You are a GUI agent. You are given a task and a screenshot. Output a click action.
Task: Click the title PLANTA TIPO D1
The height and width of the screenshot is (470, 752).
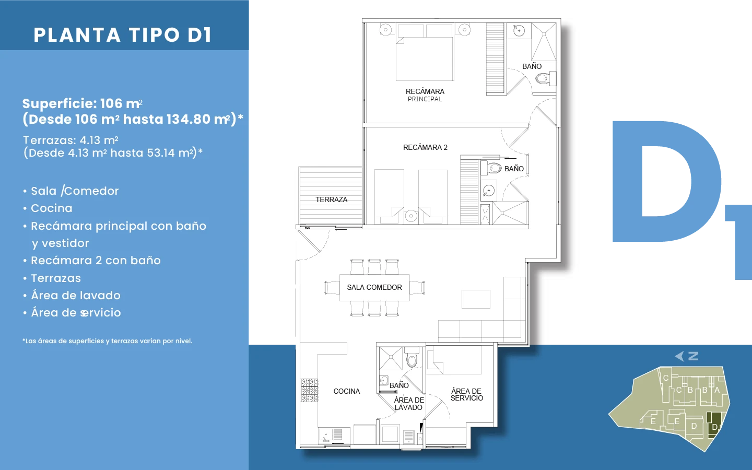(123, 35)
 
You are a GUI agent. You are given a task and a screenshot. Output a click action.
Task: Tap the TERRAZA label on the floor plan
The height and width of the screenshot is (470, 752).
(331, 199)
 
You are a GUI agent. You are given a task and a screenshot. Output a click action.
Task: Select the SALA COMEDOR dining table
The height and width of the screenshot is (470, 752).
(374, 288)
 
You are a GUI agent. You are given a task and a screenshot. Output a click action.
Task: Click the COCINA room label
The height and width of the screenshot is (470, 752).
(346, 391)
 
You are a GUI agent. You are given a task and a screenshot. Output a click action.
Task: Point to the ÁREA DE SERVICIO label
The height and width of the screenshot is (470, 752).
(467, 394)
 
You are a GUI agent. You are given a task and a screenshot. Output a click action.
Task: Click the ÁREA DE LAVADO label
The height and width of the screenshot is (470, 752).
(409, 404)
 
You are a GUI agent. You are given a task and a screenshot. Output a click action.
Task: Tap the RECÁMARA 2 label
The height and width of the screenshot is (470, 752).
(425, 147)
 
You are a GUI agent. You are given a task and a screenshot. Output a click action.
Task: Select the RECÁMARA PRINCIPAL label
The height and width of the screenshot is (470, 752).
(425, 95)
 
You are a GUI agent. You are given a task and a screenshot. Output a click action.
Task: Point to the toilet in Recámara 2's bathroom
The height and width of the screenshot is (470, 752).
(491, 168)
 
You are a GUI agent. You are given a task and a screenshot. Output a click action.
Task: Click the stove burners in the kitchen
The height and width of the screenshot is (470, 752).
(309, 390)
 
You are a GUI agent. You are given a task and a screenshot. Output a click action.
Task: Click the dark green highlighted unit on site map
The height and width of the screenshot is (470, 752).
(714, 425)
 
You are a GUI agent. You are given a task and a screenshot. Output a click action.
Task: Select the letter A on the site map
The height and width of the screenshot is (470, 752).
(716, 390)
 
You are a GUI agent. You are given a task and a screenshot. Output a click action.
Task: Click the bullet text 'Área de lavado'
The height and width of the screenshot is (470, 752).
(76, 296)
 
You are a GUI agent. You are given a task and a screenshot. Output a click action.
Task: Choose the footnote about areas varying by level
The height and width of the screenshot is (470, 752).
(108, 341)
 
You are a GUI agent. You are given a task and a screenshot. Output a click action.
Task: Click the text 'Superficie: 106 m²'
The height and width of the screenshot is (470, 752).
(83, 104)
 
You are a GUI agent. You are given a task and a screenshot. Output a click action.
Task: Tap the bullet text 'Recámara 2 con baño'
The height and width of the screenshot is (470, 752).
(96, 261)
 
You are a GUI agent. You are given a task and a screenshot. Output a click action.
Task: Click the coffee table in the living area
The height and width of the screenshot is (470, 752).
(476, 299)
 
